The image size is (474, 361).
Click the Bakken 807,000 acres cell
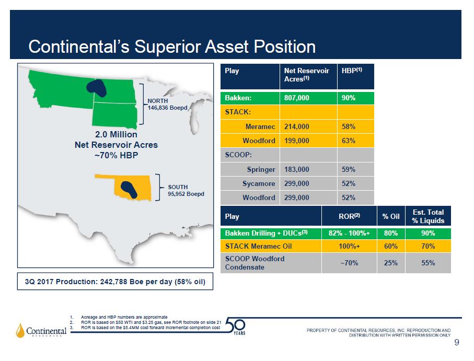click(x=308, y=98)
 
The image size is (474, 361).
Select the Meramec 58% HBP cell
click(x=355, y=126)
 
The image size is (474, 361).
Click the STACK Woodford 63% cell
click(x=355, y=141)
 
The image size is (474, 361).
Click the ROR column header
click(x=349, y=216)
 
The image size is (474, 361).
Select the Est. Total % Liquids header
click(x=428, y=216)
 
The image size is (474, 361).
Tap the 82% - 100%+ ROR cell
click(x=349, y=233)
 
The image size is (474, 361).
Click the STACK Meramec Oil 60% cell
click(x=391, y=246)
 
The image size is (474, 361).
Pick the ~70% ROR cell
click(x=349, y=263)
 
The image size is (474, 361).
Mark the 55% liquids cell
click(x=428, y=263)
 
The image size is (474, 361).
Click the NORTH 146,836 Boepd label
click(x=167, y=104)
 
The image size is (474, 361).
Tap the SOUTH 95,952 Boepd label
click(x=186, y=190)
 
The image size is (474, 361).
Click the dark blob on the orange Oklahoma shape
click(x=129, y=189)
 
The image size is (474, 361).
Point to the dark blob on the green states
click(x=97, y=88)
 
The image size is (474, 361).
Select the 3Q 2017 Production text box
click(x=115, y=282)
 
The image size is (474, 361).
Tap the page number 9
click(x=456, y=342)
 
